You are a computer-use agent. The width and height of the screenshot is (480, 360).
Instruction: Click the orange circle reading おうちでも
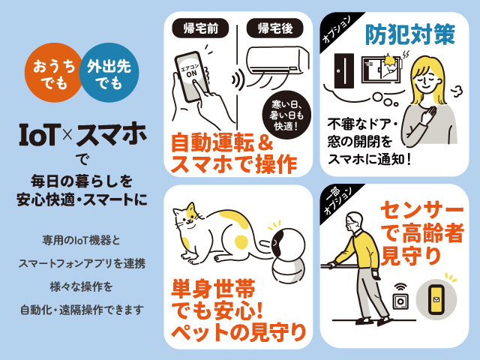[x=52, y=73]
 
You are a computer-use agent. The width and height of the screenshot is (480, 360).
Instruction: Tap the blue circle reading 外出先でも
[x=109, y=73]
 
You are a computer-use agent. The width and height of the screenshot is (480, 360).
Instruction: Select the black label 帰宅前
[x=200, y=28]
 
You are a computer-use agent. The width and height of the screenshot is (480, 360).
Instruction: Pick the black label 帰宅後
[x=275, y=28]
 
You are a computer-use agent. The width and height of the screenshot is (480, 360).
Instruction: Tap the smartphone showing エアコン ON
[x=192, y=76]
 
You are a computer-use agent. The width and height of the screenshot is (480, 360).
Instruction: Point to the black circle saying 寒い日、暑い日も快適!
[x=286, y=115]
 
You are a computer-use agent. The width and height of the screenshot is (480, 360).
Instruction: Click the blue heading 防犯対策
[x=410, y=34]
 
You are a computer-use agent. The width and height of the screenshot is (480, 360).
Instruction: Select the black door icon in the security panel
[x=344, y=70]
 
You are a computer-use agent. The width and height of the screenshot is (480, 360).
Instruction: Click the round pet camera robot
[x=288, y=256]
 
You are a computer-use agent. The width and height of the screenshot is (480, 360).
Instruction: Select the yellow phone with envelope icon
[x=436, y=299]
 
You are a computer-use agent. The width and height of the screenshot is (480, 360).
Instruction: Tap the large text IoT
[x=38, y=134]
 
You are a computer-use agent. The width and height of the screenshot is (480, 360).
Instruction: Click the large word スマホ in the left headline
[x=112, y=135]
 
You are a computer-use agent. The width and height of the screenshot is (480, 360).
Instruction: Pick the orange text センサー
[x=421, y=211]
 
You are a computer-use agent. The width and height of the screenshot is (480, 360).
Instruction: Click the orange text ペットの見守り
[x=238, y=332]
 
